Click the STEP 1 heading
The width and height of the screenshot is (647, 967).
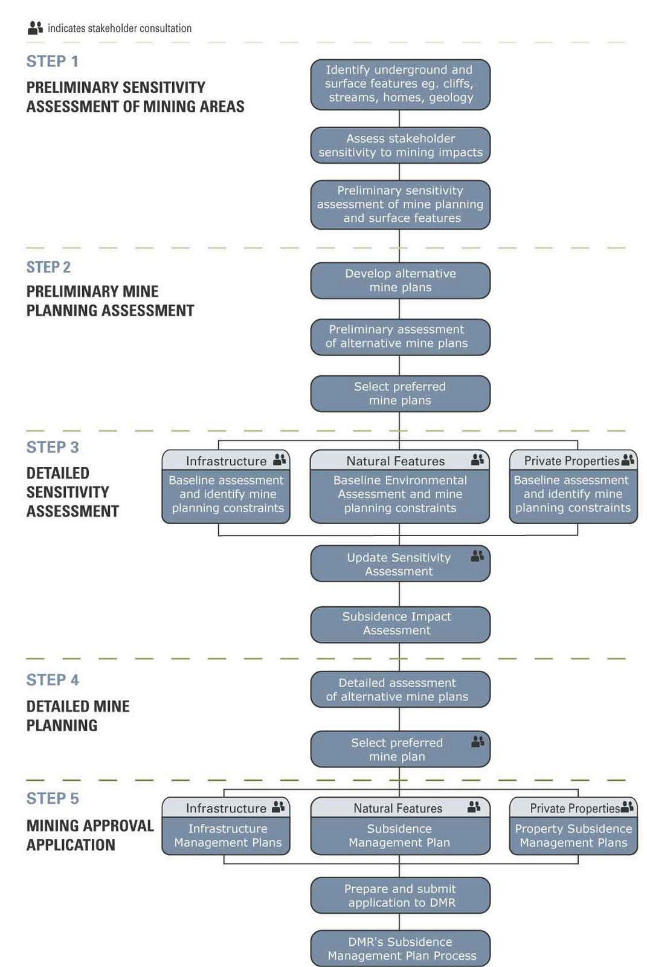pyautogui.click(x=53, y=61)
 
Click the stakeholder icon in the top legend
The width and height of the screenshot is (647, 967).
pyautogui.click(x=35, y=28)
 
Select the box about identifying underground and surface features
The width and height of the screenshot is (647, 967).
pyautogui.click(x=400, y=84)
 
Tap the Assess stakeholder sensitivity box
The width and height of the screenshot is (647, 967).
pyautogui.click(x=400, y=145)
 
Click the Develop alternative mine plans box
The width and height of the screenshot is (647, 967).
pyautogui.click(x=400, y=280)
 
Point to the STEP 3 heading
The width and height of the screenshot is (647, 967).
pyautogui.click(x=53, y=447)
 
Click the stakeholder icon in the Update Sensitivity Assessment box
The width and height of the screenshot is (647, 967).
pyautogui.click(x=477, y=555)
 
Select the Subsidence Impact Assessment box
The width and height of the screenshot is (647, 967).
pyautogui.click(x=400, y=624)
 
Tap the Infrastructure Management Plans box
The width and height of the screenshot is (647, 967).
pyautogui.click(x=226, y=835)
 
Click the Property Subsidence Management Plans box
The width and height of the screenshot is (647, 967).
pyautogui.click(x=573, y=835)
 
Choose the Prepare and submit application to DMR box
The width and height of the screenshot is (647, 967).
pyautogui.click(x=400, y=895)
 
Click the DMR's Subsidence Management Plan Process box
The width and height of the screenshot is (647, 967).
pyautogui.click(x=400, y=948)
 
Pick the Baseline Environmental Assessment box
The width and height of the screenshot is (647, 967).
pyautogui.click(x=399, y=494)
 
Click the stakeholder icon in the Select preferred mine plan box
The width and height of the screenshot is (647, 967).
pyautogui.click(x=477, y=741)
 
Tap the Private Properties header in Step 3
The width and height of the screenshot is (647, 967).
pyautogui.click(x=571, y=461)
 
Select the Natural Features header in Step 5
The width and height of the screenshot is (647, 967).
pyautogui.click(x=398, y=808)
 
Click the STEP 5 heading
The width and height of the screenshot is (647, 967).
pyautogui.click(x=53, y=798)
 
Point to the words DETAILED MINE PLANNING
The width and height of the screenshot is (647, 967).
pyautogui.click(x=78, y=716)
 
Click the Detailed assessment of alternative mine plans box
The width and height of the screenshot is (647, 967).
pyautogui.click(x=400, y=689)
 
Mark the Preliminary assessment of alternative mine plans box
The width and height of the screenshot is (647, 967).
pyautogui.click(x=400, y=336)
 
